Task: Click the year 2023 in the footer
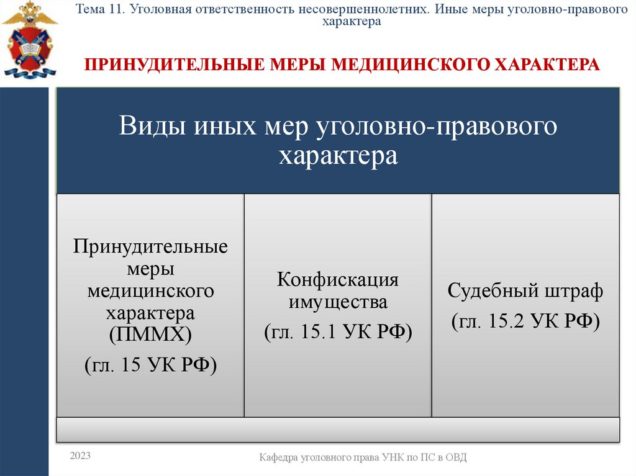80,456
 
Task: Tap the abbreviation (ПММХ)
150,336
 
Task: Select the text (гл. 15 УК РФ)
150,364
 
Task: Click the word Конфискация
338,279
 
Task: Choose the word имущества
338,303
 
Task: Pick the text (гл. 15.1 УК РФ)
338,331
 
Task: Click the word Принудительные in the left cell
150,247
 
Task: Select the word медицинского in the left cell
150,290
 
